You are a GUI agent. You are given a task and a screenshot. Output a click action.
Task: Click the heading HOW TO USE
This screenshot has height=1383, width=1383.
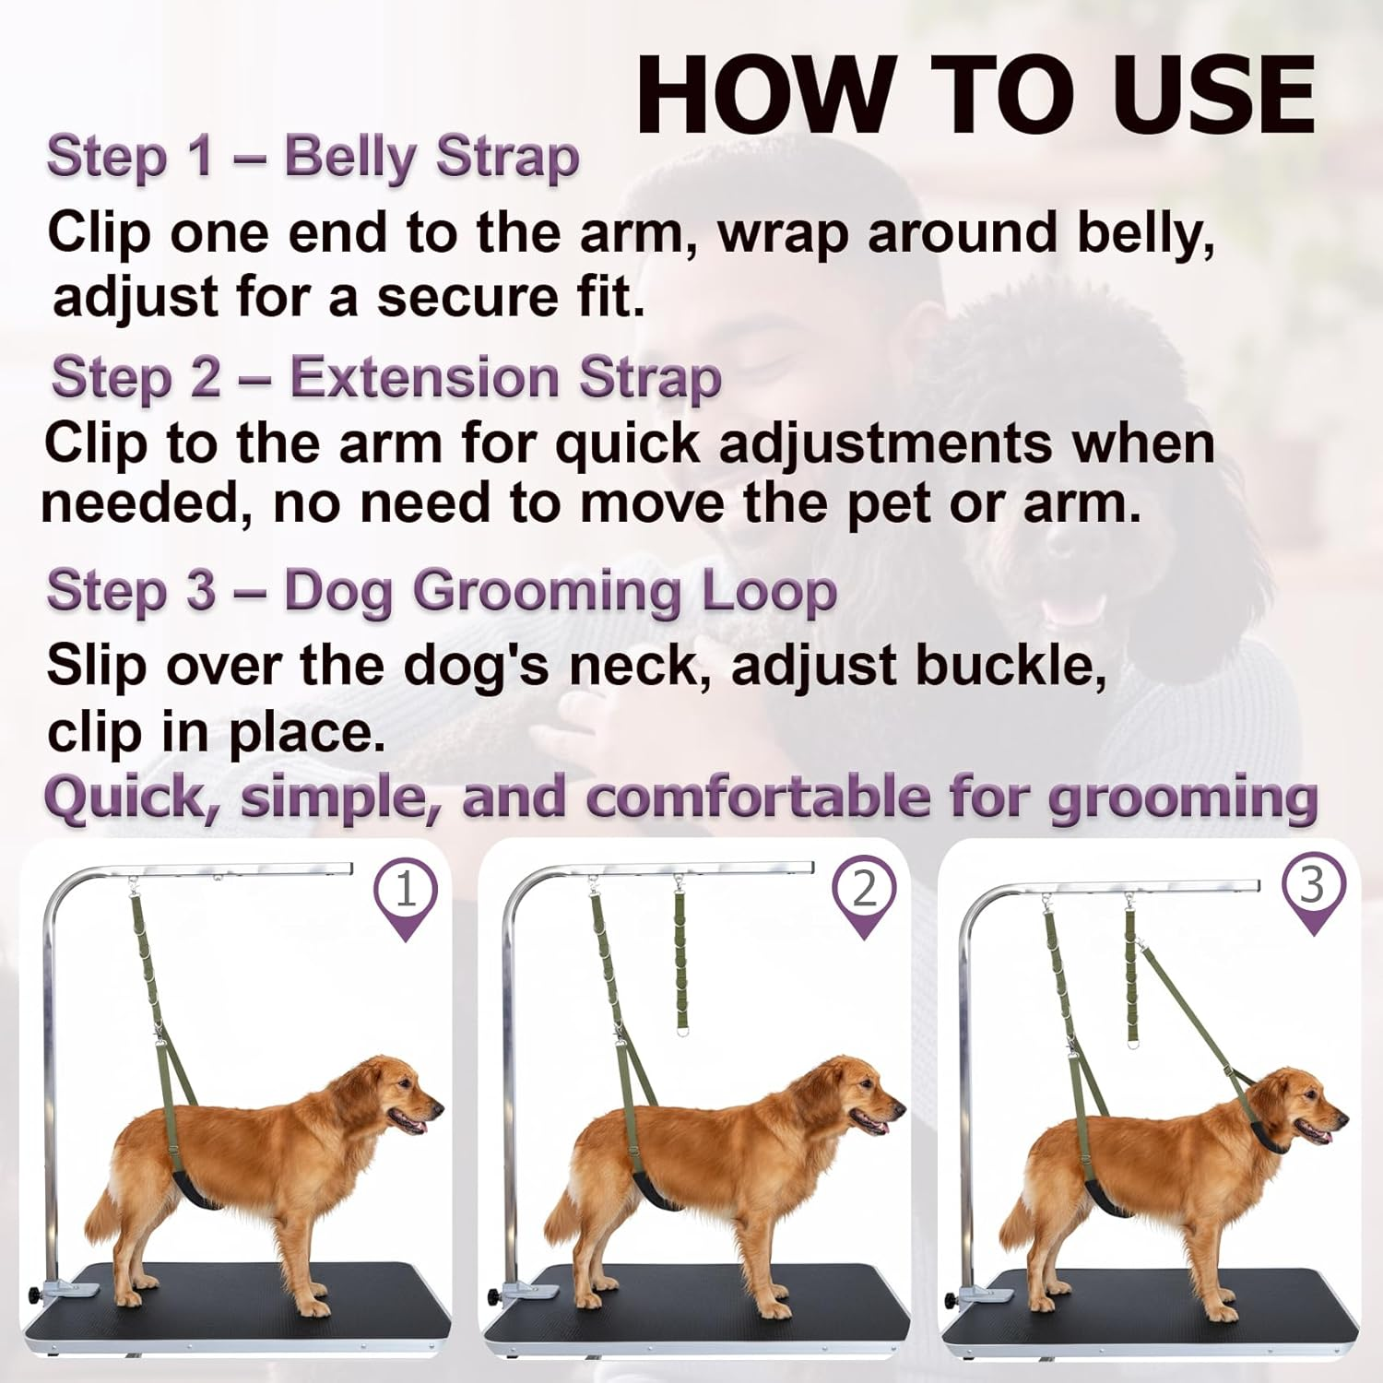pos(975,96)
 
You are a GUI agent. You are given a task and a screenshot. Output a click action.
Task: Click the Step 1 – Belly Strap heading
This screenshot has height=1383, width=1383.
pos(313,157)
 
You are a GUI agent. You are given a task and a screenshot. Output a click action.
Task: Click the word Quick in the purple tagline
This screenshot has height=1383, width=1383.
pos(129,798)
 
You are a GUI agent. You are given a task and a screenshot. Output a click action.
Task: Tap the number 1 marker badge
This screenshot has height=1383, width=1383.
pos(406,891)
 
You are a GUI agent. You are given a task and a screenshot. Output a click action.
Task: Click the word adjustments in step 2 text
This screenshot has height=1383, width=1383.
pos(885,444)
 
